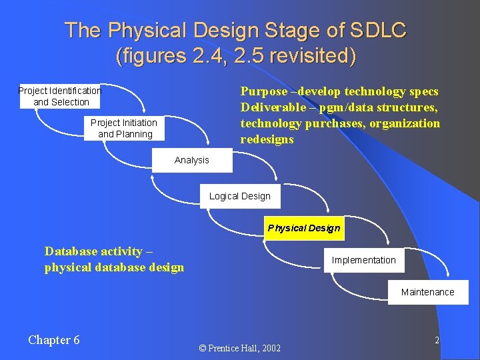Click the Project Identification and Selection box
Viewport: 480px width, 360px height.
coord(60,96)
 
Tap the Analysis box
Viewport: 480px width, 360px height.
coord(192,160)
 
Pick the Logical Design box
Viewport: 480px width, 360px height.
coord(240,196)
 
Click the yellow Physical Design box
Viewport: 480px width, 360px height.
coord(304,228)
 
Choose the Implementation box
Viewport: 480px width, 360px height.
coord(364,260)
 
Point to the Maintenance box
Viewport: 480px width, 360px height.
coord(428,292)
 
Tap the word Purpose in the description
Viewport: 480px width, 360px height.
coord(264,91)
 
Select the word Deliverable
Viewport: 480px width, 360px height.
coord(271,107)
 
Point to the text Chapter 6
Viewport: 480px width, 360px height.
coord(54,340)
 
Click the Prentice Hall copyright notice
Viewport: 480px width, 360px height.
coord(240,348)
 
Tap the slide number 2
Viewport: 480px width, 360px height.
coord(437,340)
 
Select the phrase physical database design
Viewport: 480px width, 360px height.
coord(114,267)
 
